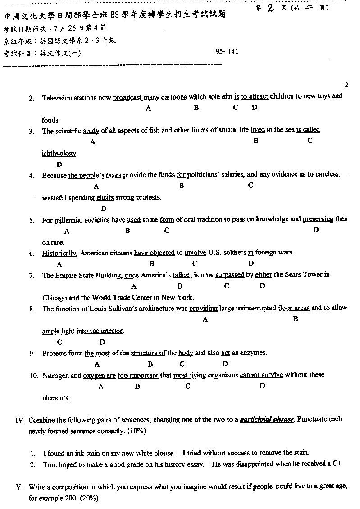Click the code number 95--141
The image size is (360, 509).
(227, 51)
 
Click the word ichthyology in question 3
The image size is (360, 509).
(59, 154)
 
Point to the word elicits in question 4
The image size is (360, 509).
(105, 197)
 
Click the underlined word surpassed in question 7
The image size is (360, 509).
(230, 275)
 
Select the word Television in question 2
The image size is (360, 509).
(57, 97)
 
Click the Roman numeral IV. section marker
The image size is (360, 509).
(19, 420)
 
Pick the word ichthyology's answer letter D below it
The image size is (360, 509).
(59, 165)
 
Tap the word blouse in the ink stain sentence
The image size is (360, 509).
(164, 453)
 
